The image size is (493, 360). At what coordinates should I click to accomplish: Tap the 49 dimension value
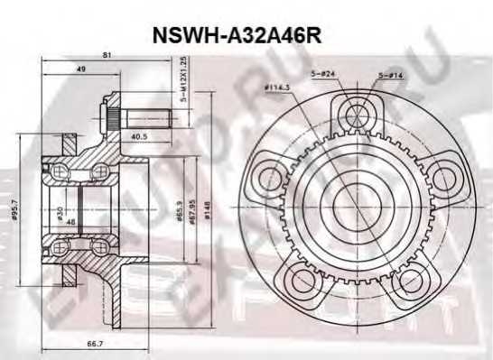click(81, 69)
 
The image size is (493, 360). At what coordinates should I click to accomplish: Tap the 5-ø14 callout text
click(391, 75)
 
